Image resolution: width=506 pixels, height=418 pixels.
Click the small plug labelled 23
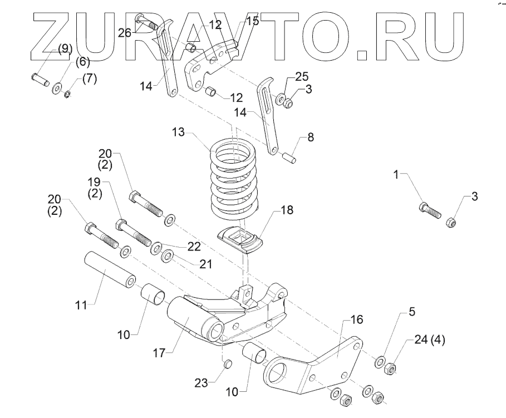(226, 364)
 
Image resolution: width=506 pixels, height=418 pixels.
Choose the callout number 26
(125, 32)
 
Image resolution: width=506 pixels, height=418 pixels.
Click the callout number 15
(253, 22)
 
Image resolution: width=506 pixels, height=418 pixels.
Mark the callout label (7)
(89, 78)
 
